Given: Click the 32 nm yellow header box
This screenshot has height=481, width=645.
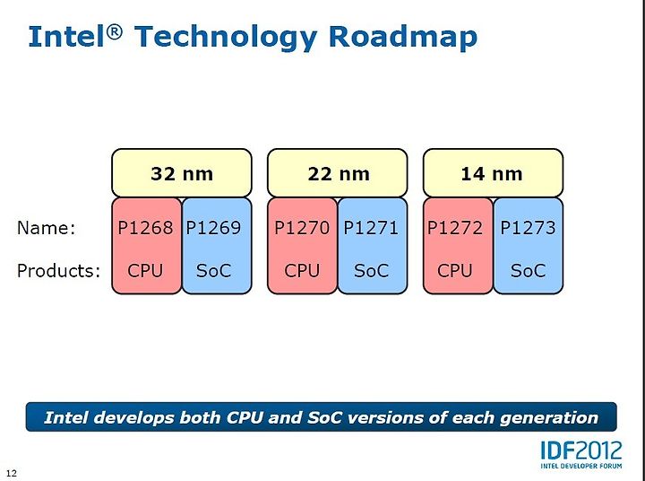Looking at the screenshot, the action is coord(181,173).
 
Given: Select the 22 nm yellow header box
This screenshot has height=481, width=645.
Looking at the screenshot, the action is coord(338,173).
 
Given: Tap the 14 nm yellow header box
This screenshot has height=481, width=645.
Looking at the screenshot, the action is coord(493,173).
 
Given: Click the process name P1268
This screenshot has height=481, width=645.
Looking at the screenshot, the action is coord(146,228).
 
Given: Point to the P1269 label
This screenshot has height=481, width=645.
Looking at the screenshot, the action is coord(213,228).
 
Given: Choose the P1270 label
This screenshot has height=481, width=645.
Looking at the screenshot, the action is coord(302,228).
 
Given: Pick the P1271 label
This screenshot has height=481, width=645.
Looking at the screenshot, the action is coord(371,228).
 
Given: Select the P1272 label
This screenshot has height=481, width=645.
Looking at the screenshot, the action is coord(455,228).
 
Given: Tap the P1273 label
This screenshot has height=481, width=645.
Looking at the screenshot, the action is coord(528,228).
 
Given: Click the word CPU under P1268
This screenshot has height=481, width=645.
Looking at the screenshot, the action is coord(145,271).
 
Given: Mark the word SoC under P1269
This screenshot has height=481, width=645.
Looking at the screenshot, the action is coord(213,271).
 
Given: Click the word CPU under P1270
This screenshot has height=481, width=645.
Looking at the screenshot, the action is coord(302,271).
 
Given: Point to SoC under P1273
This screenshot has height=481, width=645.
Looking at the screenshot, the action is coord(528,271).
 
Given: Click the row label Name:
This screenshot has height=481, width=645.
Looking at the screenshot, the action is coord(47,228).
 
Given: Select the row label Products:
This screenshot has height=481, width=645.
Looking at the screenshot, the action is coord(59,271).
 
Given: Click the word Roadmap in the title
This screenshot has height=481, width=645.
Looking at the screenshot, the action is coord(403,38).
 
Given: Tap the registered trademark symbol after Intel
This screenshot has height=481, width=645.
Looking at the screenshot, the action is coord(116,31).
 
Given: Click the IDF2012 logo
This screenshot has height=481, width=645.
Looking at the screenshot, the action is coord(581,455).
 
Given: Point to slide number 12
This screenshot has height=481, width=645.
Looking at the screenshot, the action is coord(12,473).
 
